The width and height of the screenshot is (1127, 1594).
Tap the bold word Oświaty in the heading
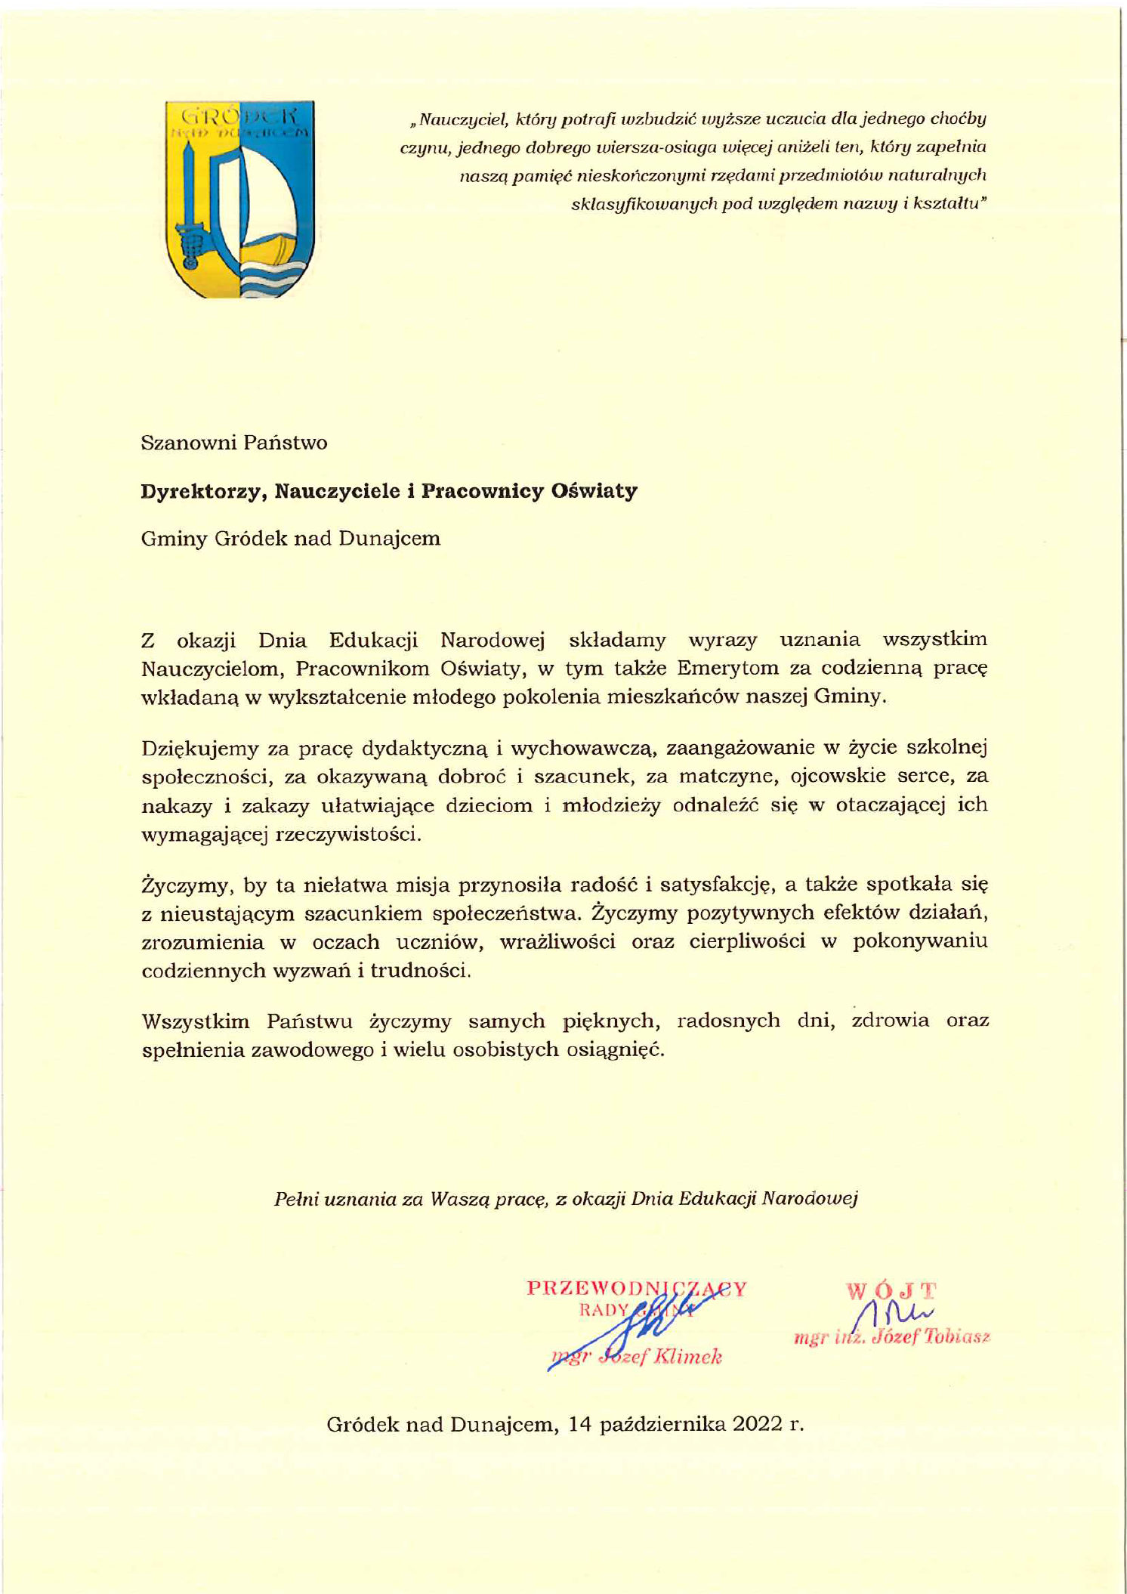pos(594,491)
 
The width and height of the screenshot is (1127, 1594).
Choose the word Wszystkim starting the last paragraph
pos(195,1022)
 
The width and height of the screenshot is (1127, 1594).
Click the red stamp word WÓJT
pos(891,1290)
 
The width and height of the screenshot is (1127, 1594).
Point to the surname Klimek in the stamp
pos(687,1357)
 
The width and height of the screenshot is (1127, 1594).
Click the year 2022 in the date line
pos(758,1425)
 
